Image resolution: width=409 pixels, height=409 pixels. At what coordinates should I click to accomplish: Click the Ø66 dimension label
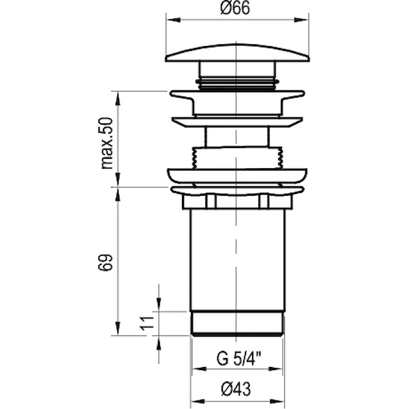click(x=235, y=8)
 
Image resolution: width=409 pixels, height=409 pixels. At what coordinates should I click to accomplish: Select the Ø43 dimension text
click(x=236, y=389)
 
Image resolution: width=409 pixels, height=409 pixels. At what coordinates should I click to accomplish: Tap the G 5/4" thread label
click(x=239, y=359)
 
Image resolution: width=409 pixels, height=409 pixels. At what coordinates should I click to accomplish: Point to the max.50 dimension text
click(x=107, y=143)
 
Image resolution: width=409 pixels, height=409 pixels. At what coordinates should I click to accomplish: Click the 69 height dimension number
click(x=105, y=262)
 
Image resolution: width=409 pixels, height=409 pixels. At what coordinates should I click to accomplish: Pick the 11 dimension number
click(x=147, y=323)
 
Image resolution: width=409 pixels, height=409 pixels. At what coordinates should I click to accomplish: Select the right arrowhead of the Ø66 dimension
click(x=301, y=20)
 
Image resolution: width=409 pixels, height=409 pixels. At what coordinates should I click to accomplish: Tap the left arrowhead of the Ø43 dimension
click(x=198, y=401)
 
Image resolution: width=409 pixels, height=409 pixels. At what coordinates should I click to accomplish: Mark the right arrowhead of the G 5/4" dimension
click(x=275, y=369)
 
